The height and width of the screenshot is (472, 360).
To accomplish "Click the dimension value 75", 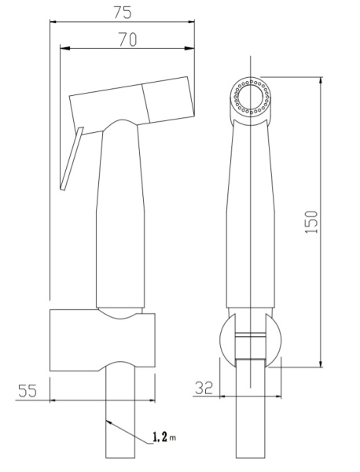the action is coord(123,13).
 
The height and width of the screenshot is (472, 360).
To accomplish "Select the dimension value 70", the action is coord(127,39).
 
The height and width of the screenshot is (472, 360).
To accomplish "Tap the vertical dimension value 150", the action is coord(311,222).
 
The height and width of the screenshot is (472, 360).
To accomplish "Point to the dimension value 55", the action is coord(28,391).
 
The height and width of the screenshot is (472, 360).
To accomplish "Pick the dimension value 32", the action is coord(204,388).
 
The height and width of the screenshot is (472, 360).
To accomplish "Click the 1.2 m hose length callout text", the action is coord(164,437).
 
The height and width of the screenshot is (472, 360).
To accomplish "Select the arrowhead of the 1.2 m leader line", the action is coord(110,422).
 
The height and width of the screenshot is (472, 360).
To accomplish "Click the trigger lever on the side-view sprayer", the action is coord(72,158).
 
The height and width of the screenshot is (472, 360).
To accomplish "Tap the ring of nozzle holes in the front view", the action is coord(252,96).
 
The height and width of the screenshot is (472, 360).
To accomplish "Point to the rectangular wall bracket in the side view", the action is coord(102,340).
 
